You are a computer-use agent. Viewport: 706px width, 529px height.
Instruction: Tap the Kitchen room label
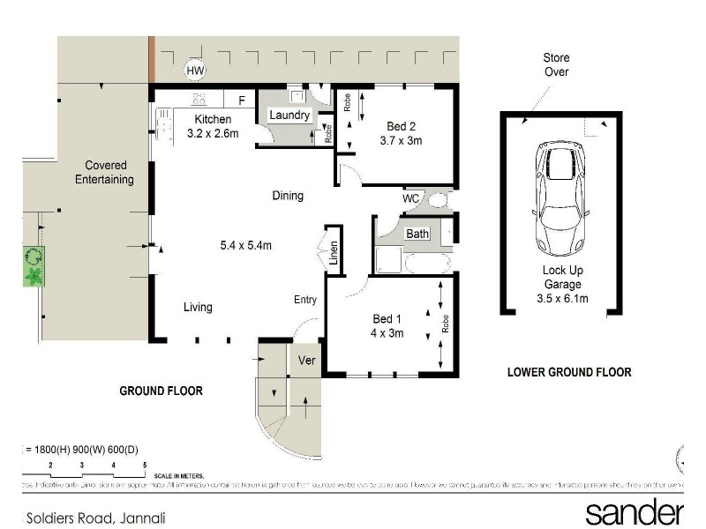click(213, 120)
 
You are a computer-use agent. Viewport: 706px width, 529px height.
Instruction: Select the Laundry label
click(289, 115)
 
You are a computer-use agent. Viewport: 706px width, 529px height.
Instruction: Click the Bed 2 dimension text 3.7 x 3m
click(402, 140)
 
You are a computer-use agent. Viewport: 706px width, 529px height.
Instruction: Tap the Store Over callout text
click(556, 65)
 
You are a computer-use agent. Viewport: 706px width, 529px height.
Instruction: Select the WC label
click(410, 198)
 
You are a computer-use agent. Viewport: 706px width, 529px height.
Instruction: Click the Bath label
click(417, 234)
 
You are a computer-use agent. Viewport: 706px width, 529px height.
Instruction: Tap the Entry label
click(304, 300)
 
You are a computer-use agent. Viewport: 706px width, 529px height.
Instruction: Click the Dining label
click(288, 196)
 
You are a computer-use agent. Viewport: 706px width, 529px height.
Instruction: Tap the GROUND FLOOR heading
click(161, 391)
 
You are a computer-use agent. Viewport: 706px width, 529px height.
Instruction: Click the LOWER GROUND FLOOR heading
click(569, 372)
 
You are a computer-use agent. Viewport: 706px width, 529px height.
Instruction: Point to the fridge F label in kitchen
click(240, 100)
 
